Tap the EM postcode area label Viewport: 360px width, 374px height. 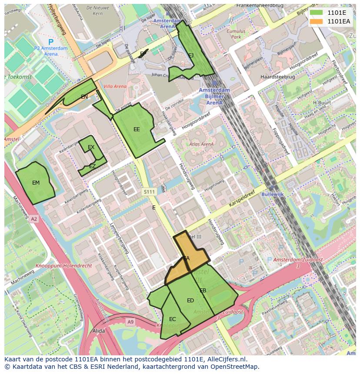[36, 183]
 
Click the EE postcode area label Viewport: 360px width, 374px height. [137, 129]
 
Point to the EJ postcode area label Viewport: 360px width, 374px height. [191, 55]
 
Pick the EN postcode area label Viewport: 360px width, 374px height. [84, 97]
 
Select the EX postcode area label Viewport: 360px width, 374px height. [91, 147]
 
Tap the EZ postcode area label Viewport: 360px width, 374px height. [92, 166]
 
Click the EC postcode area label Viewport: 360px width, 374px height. [173, 319]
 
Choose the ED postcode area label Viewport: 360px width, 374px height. [190, 301]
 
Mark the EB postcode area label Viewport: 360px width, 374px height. [203, 291]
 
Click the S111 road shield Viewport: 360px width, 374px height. [149, 192]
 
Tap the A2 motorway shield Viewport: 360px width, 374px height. [34, 219]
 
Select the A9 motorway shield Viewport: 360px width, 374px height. [130, 321]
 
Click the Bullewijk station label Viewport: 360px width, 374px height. [273, 195]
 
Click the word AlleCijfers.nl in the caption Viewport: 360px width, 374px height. [226, 360]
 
